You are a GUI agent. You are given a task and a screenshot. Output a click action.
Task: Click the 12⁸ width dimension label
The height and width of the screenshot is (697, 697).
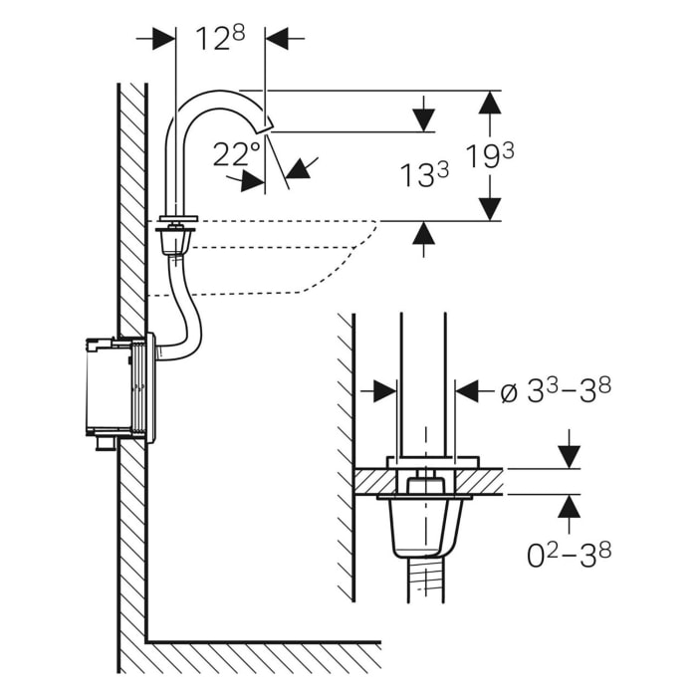click(x=220, y=39)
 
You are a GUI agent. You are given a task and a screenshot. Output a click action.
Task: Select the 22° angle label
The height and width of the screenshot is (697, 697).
click(x=237, y=153)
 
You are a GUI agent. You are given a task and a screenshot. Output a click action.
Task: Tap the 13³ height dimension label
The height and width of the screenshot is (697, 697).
click(x=424, y=176)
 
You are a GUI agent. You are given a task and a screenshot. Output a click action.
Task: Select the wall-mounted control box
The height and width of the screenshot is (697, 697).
click(x=117, y=389)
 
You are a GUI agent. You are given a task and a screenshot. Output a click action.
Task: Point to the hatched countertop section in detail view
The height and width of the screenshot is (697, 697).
click(x=378, y=480)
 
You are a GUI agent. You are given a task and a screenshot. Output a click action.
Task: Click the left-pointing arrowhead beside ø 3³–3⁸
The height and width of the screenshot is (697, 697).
click(x=468, y=391)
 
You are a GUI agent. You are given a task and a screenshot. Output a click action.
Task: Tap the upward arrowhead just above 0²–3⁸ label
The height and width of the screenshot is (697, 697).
click(x=568, y=507)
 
